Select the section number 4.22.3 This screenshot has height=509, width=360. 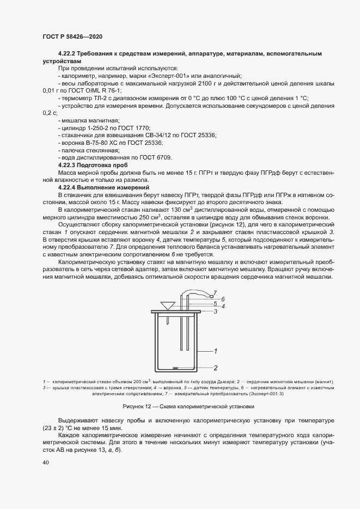pos(68,164)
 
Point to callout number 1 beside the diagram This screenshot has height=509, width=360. pos(216,351)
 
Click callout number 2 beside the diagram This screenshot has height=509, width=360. pos(216,367)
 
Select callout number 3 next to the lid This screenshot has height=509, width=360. pos(216,311)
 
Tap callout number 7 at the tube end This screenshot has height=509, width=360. pos(215,293)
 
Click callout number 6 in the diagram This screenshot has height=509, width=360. pos(216,299)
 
